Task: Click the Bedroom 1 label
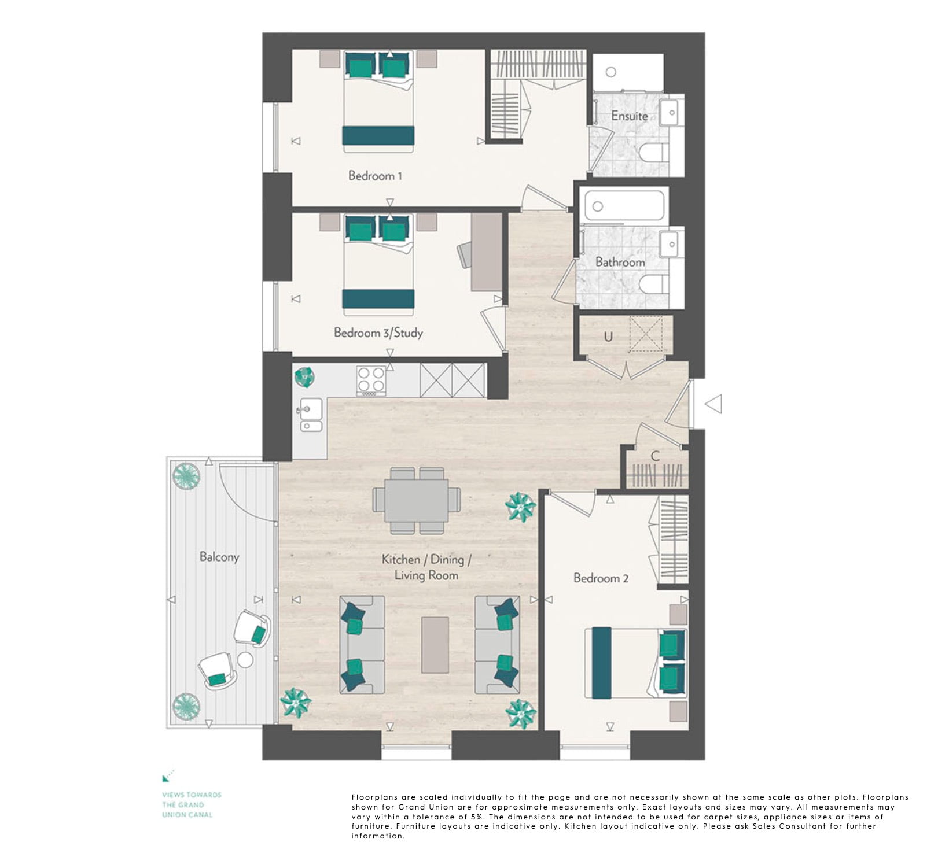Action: pyautogui.click(x=375, y=175)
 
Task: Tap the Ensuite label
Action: pyautogui.click(x=629, y=116)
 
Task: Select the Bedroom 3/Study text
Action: pyautogui.click(x=378, y=333)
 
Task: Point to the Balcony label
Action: pyautogui.click(x=219, y=557)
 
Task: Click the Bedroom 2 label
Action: pyautogui.click(x=601, y=578)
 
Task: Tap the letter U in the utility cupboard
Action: pyautogui.click(x=608, y=336)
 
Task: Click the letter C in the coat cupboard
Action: pyautogui.click(x=655, y=456)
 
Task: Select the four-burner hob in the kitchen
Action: pyautogui.click(x=371, y=381)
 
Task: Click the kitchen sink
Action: pyautogui.click(x=311, y=415)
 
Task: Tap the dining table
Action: pyautogui.click(x=417, y=500)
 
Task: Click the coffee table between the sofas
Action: pyautogui.click(x=435, y=645)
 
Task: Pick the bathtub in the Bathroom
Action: pyautogui.click(x=624, y=205)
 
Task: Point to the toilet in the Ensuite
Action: pyautogui.click(x=654, y=153)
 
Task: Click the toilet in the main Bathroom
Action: pyautogui.click(x=654, y=285)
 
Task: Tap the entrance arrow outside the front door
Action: pyautogui.click(x=713, y=404)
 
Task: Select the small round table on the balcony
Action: pyautogui.click(x=245, y=660)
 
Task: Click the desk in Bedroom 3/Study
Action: pyautogui.click(x=486, y=252)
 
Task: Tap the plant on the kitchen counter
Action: pyautogui.click(x=304, y=377)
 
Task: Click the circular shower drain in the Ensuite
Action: pyautogui.click(x=611, y=72)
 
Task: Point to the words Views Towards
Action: pyautogui.click(x=192, y=795)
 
